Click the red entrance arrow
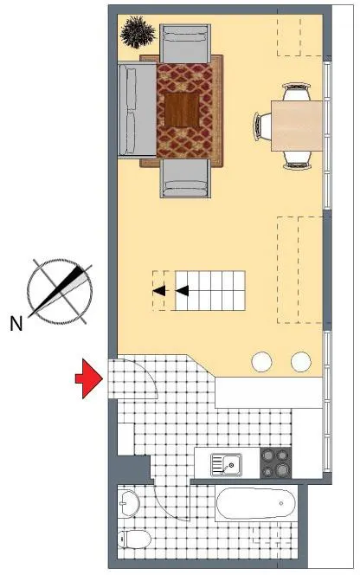coord(89,378)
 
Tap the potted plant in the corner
coord(138,32)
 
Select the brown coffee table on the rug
coord(182,110)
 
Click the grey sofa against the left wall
coord(137,110)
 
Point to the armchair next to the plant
coord(185,43)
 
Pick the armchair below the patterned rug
coord(185,178)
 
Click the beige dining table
coord(297,126)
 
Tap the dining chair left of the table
coord(262,126)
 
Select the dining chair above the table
coord(297,92)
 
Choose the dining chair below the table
coord(297,160)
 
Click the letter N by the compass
coord(16,324)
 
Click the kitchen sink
coord(226,465)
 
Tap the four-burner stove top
coord(276,462)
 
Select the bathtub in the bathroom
coord(256,503)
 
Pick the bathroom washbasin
coord(129,503)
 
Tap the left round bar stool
coord(261,362)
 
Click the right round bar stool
coord(301,362)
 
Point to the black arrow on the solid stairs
coord(183,291)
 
